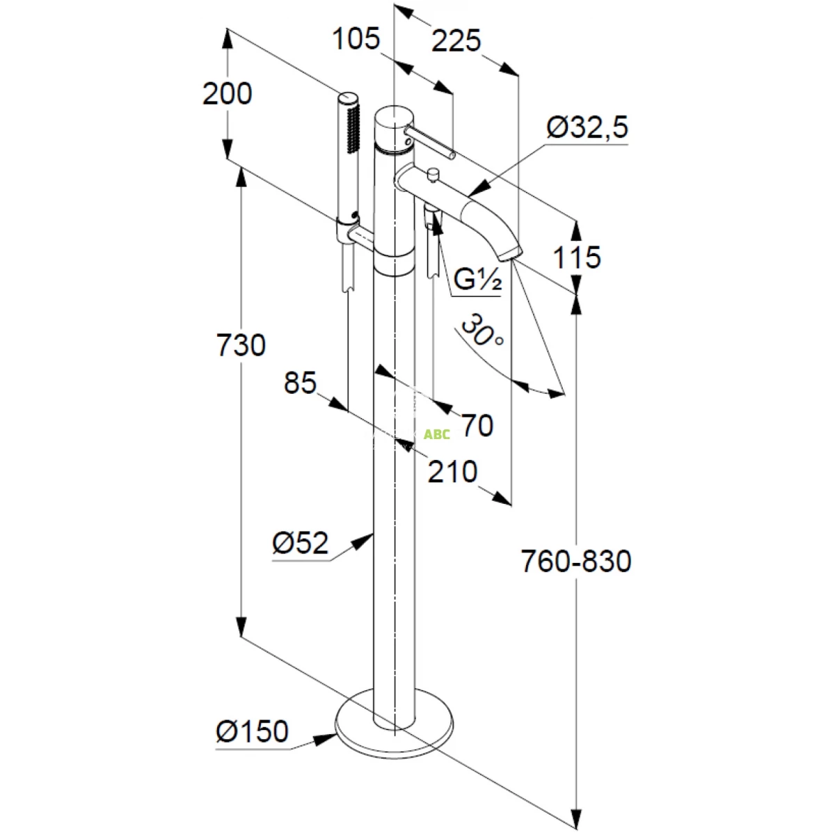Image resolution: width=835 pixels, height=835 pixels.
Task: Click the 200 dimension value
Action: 227,93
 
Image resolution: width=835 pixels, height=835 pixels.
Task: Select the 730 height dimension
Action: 241,345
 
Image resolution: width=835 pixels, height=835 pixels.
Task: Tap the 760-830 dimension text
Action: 576,561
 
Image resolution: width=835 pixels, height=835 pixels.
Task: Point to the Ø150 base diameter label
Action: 252,731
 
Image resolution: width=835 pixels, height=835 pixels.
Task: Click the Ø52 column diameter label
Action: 300,543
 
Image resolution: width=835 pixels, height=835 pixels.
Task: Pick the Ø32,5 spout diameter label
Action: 587,127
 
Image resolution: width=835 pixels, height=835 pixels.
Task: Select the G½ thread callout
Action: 478,280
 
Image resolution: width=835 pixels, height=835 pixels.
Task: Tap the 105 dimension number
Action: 356,39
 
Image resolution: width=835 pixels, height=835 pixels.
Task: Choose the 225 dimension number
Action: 456,41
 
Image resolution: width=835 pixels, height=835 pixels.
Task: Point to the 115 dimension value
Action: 577,258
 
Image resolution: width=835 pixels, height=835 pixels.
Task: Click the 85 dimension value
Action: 300,383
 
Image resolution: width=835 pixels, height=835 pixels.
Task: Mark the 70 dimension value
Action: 477,425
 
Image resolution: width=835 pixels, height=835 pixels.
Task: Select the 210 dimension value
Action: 452,472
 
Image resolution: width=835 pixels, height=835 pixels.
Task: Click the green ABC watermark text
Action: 437,434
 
